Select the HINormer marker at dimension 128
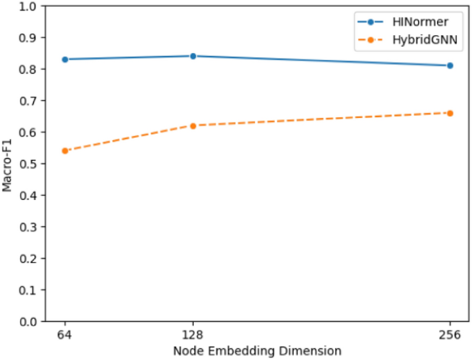coord(193,56)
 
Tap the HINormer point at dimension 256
coord(450,66)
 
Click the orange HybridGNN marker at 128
coord(193,126)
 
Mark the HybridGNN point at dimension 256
coord(450,112)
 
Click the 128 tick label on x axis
coord(193,334)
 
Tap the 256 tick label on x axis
coord(450,334)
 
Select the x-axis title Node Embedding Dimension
coord(257,351)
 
